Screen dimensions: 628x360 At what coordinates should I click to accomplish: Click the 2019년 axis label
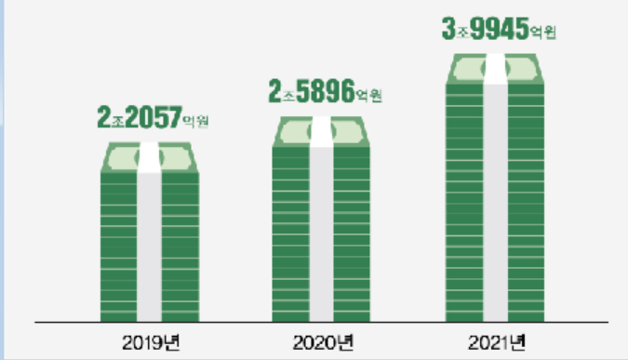(x=151, y=342)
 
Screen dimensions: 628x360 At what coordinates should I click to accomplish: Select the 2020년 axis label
(x=323, y=342)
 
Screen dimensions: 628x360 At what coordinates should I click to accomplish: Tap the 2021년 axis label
(x=496, y=342)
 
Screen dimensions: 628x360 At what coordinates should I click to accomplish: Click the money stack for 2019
(x=150, y=232)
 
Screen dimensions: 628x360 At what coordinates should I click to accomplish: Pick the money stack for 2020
(x=321, y=219)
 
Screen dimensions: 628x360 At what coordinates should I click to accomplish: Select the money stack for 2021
(x=495, y=188)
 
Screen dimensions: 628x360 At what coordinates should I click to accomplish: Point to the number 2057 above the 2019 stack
(x=154, y=117)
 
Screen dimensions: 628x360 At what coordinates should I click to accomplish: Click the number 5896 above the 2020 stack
(x=326, y=91)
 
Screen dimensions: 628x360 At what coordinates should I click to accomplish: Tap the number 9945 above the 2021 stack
(x=500, y=29)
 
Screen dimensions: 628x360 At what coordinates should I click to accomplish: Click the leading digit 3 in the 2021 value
(x=448, y=29)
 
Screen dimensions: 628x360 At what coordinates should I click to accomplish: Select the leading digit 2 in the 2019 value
(x=103, y=117)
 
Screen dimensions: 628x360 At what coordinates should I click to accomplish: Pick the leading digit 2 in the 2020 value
(x=274, y=91)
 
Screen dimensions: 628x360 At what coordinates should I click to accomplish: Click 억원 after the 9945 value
(x=543, y=32)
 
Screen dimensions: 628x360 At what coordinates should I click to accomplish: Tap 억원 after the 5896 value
(x=368, y=95)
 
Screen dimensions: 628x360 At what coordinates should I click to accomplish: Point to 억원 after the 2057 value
(x=195, y=121)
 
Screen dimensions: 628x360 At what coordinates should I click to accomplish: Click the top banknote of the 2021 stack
(x=495, y=69)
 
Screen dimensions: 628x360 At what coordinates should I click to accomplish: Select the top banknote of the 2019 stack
(x=150, y=158)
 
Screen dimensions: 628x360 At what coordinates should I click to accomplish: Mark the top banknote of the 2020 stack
(x=321, y=132)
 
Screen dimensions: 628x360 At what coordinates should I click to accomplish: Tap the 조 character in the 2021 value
(x=462, y=33)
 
